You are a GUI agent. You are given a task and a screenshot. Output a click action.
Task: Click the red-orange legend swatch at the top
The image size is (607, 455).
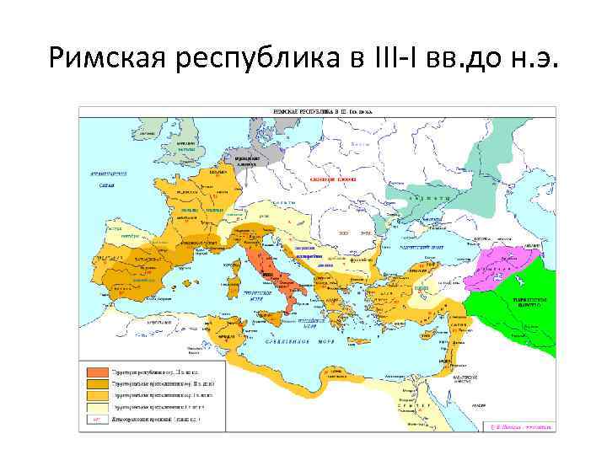click(96, 372)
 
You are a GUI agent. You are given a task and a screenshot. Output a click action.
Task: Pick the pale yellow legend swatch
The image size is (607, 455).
click(96, 405)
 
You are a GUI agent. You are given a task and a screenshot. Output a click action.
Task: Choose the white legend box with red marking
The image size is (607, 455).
click(96, 417)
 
